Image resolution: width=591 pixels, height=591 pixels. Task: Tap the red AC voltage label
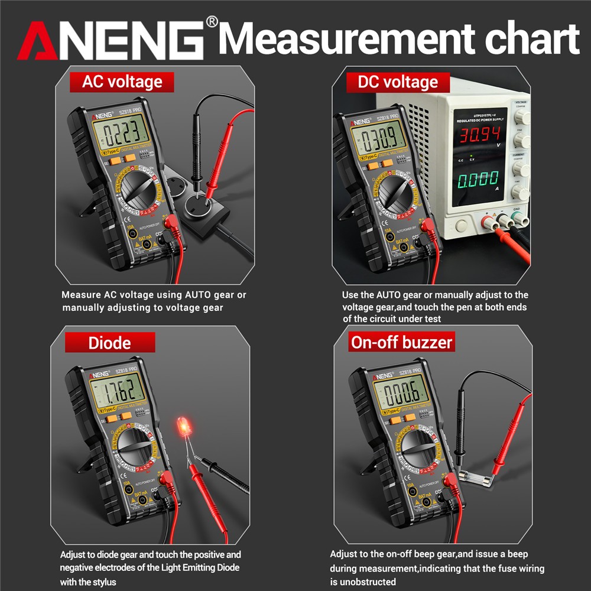coord(122,82)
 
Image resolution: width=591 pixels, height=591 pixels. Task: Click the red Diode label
coord(109,343)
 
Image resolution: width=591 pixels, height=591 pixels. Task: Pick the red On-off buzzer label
coord(401,342)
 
